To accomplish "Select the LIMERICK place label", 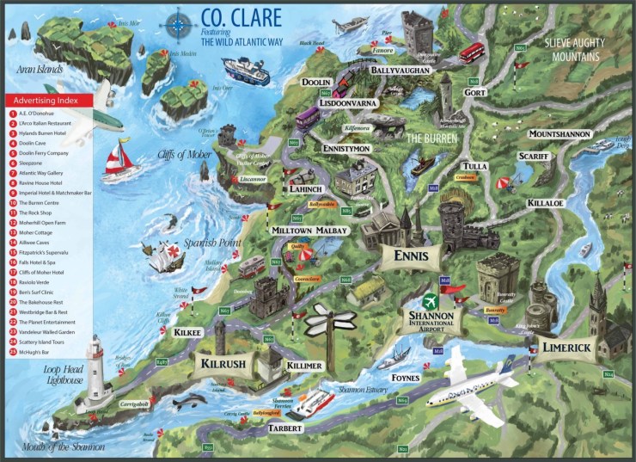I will pos(566,347).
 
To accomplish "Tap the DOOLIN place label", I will pos(317,83).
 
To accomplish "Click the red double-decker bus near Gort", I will pos(472,52).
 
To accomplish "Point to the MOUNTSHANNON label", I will pos(559,135).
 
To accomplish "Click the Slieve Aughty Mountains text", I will pos(572,49).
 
